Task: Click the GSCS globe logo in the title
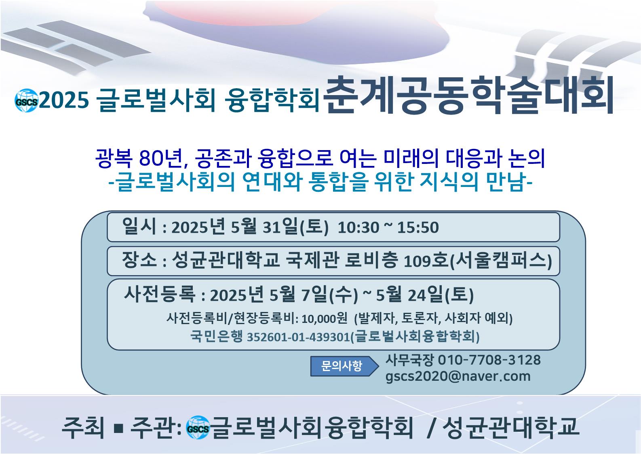26,100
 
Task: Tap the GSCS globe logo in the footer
198,427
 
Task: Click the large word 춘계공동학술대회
468,95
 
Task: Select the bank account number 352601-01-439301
298,337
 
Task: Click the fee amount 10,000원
324,318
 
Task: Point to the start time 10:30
358,228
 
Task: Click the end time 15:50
418,228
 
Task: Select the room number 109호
425,261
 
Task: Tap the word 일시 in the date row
139,226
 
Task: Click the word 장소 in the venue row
139,260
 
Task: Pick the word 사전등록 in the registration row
159,294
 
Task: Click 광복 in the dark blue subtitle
114,158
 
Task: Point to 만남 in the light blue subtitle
506,182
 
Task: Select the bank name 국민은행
216,336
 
